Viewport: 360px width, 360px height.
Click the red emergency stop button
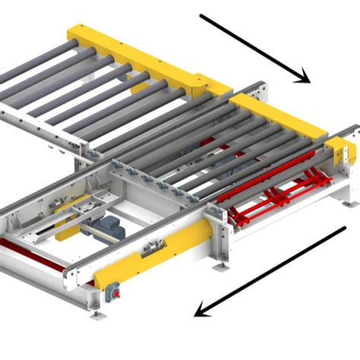click(115, 289)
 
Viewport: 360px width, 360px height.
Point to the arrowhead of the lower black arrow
click(200, 310)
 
